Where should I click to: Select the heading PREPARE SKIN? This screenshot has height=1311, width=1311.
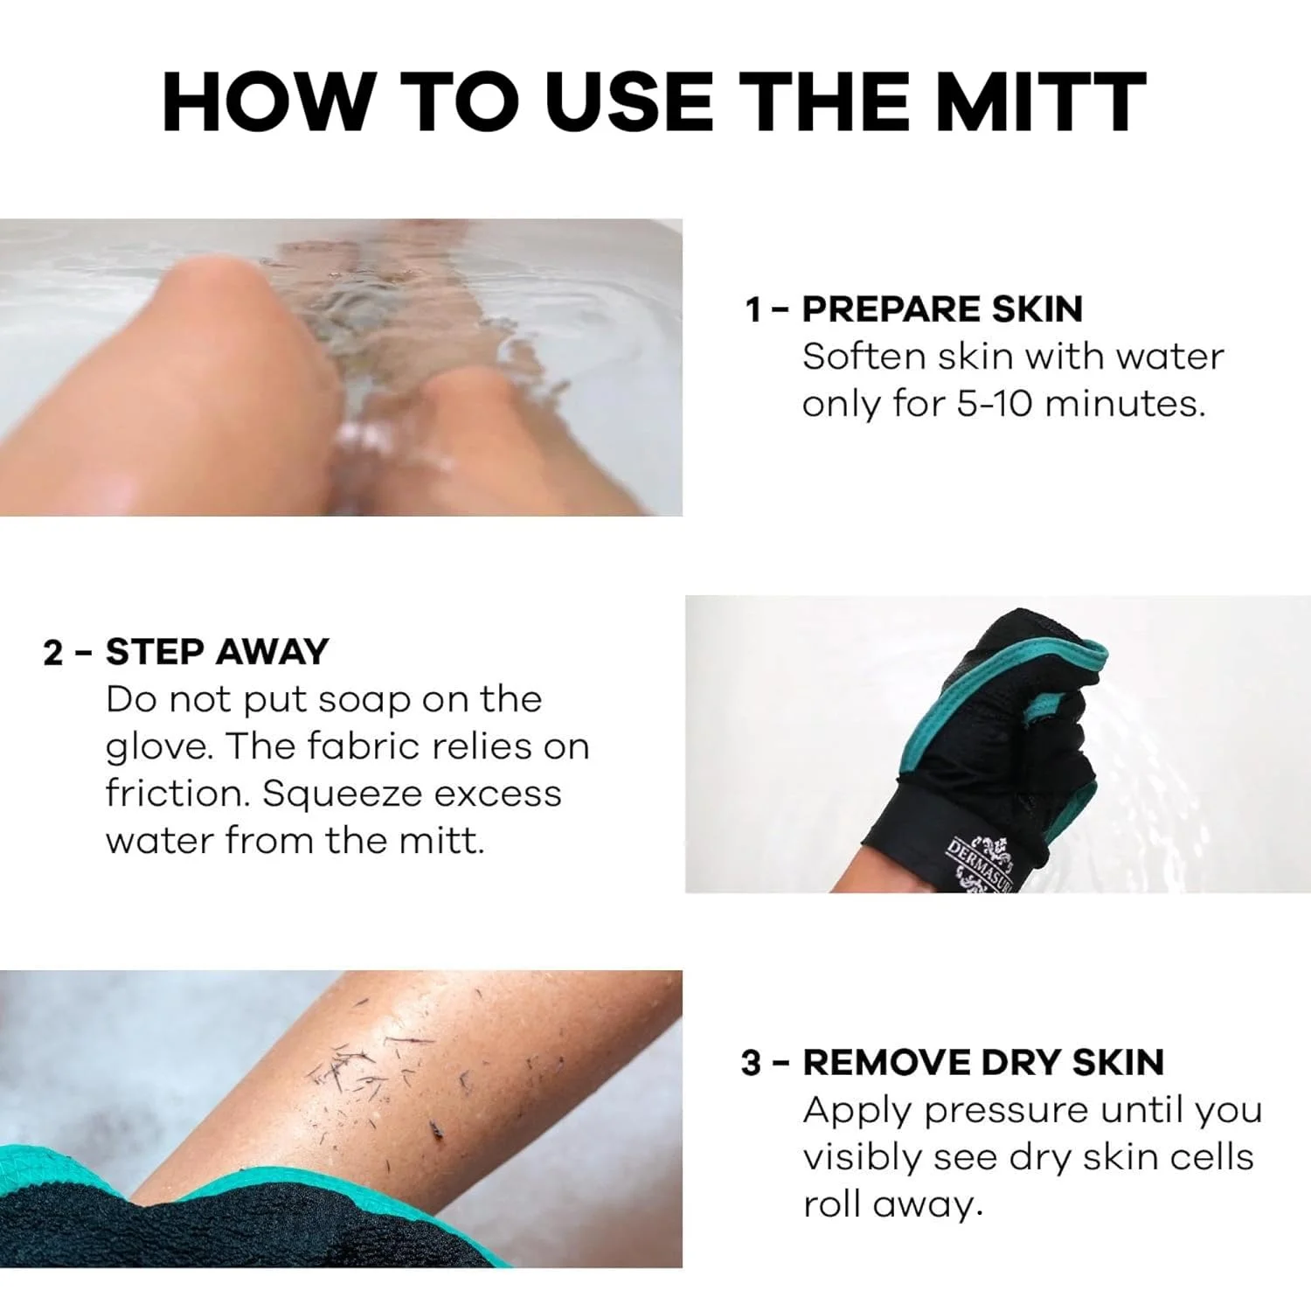point(942,309)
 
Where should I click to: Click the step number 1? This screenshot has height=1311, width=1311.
point(753,310)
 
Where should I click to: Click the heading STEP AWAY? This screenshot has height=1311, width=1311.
point(217,652)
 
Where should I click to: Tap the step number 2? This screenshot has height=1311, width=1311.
point(53,653)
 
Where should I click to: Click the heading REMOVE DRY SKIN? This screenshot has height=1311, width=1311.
point(982,1063)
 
